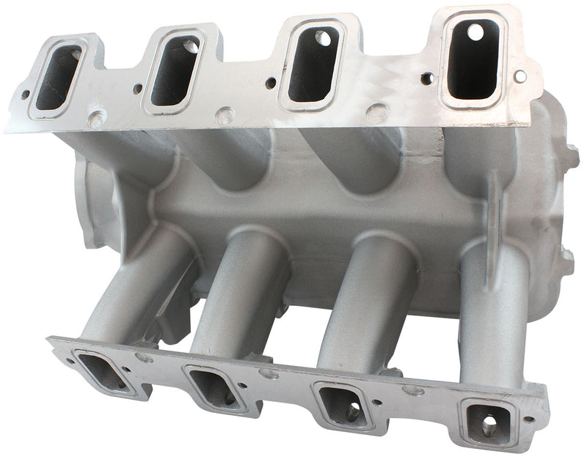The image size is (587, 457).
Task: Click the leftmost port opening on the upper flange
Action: [58, 78]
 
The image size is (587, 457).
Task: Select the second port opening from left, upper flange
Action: [175, 70]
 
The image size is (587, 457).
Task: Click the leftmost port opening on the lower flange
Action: [103, 370]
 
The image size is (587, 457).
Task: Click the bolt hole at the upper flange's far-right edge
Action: [520, 75]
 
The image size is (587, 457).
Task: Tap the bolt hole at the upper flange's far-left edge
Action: [24, 95]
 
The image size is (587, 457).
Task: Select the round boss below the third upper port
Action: [377, 112]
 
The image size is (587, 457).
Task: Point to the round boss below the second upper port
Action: [225, 115]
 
